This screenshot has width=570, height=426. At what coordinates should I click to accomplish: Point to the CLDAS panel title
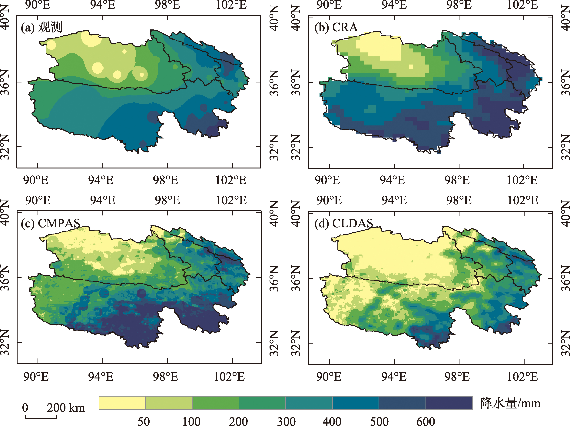coord(343,223)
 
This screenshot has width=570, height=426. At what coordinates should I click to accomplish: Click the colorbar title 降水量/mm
coord(510,403)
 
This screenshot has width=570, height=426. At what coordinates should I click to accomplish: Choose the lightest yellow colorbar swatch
coord(122,403)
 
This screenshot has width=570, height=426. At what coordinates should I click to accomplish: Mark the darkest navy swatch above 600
coord(449,403)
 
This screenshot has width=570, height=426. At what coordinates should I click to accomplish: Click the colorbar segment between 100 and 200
coord(215,403)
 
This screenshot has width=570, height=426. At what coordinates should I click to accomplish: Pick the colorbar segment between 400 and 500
coord(356,403)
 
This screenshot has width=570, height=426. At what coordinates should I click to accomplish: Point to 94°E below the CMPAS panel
coord(101,377)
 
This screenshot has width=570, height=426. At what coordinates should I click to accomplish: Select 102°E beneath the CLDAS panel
coord(522,377)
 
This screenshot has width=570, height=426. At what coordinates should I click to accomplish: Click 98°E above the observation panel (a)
coord(167,5)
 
